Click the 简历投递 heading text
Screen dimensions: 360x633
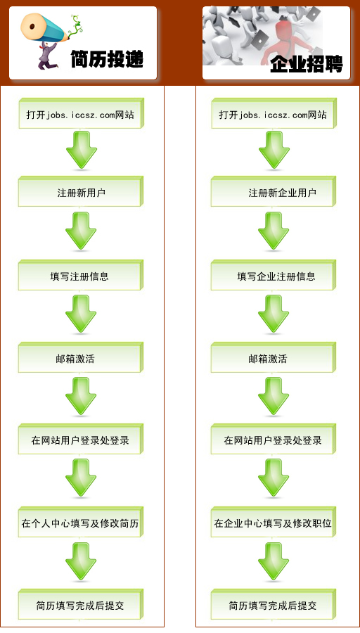[x=107, y=59]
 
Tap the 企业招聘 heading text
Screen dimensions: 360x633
[x=307, y=64]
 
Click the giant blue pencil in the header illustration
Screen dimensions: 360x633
[x=45, y=27]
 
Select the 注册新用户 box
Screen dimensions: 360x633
[x=81, y=191]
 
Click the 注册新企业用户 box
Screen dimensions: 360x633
[x=274, y=191]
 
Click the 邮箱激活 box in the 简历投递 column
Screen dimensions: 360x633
[x=81, y=357]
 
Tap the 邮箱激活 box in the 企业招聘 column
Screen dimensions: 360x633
[x=274, y=357]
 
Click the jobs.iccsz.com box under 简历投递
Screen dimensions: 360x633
[x=81, y=113]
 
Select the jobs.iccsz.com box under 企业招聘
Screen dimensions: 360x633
[x=274, y=113]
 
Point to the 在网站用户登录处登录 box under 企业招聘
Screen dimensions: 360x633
[x=274, y=439]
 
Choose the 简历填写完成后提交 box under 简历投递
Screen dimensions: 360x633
[x=81, y=604]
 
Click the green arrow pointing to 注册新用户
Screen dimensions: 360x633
[x=82, y=150]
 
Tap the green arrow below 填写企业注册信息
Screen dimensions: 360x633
[x=274, y=314]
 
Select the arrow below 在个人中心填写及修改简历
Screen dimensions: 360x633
[x=81, y=561]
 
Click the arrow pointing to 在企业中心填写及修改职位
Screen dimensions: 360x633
[x=274, y=478]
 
